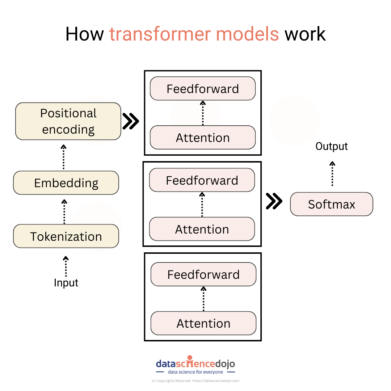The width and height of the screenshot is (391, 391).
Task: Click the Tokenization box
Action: [66, 236]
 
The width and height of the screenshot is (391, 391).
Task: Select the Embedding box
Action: [66, 183]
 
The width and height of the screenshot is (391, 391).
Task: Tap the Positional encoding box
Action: [68, 121]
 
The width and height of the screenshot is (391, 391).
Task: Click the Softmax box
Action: [331, 204]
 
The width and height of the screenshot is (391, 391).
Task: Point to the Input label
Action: [66, 283]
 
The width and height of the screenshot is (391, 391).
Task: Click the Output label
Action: [331, 146]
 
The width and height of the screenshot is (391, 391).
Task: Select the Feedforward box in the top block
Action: [203, 89]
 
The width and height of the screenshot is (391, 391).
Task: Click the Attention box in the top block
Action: [203, 138]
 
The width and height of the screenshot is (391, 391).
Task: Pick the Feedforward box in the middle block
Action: [202, 180]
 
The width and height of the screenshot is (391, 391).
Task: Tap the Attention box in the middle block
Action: [202, 229]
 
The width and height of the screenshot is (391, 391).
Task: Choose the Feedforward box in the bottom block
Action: [203, 274]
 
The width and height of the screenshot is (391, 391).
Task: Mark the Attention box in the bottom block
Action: [203, 323]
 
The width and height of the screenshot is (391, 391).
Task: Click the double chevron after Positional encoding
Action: [131, 121]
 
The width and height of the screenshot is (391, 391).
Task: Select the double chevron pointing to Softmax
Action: [274, 201]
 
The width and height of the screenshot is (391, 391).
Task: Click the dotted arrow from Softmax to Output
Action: [332, 174]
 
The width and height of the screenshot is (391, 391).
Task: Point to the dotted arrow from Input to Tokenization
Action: [66, 266]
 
